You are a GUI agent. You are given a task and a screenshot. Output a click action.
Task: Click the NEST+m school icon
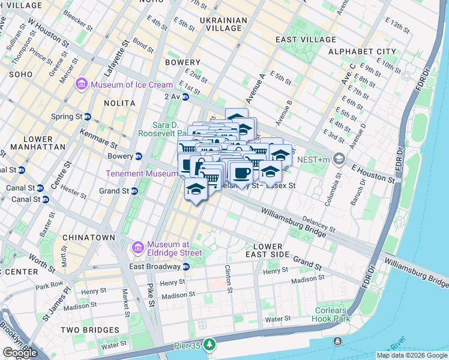(339, 159)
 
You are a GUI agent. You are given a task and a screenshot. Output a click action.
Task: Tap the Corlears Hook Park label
(331, 315)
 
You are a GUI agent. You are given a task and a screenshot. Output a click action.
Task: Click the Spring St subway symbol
(88, 116)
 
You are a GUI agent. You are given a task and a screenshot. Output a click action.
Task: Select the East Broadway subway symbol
(186, 266)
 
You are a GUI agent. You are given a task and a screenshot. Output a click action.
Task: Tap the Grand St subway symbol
(134, 191)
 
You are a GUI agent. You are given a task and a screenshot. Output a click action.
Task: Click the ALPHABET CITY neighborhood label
(362, 52)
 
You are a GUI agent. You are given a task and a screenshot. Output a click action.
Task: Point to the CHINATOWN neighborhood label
(88, 238)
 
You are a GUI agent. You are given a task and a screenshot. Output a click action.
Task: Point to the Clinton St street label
(228, 279)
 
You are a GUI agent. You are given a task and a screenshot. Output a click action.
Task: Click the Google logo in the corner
(20, 353)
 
